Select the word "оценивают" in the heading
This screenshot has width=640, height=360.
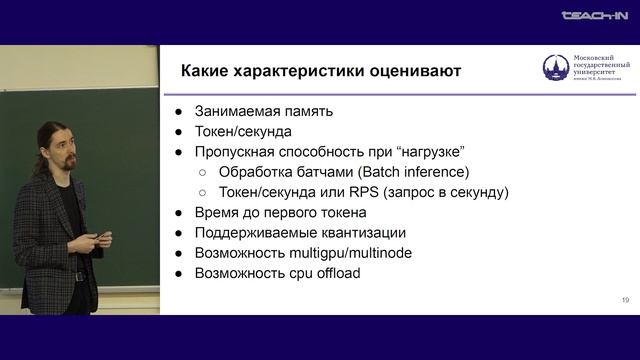(x=410, y=71)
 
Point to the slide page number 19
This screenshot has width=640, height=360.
(x=625, y=300)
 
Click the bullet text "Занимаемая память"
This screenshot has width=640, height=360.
(x=262, y=111)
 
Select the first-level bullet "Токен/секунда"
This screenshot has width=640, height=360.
(x=243, y=131)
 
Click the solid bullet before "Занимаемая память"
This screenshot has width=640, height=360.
(x=178, y=111)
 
